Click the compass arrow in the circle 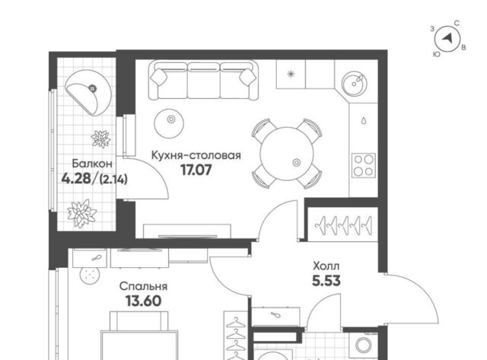pyautogui.click(x=447, y=39)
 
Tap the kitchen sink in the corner pyautogui.click(x=354, y=83)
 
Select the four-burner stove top pyautogui.click(x=364, y=166)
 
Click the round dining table pyautogui.click(x=287, y=154)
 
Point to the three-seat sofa pyautogui.click(x=203, y=80)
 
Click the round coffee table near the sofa pyautogui.click(x=169, y=123)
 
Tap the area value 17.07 pyautogui.click(x=196, y=170)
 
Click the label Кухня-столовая pyautogui.click(x=196, y=155)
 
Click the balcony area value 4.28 pyautogui.click(x=76, y=179)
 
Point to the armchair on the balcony pyautogui.click(x=88, y=93)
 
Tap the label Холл pyautogui.click(x=326, y=266)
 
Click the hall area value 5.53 pyautogui.click(x=326, y=281)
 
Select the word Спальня pyautogui.click(x=144, y=286)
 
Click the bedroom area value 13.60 pyautogui.click(x=144, y=301)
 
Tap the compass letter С pyautogui.click(x=457, y=24)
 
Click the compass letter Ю pyautogui.click(x=436, y=54)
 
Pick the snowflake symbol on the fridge pyautogui.click(x=291, y=74)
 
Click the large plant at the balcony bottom pyautogui.click(x=81, y=213)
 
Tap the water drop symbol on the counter pyautogui.click(x=364, y=120)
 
